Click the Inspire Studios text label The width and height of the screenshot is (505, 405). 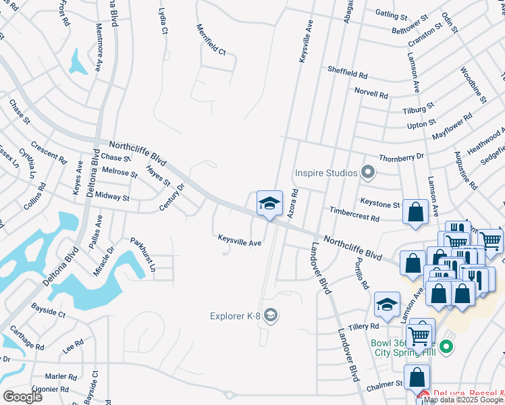pyautogui.click(x=326, y=173)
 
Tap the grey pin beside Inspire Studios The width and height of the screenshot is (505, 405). pyautogui.click(x=368, y=173)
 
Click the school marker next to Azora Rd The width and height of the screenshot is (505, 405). pyautogui.click(x=269, y=204)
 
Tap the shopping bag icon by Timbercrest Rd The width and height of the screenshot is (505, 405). pyautogui.click(x=415, y=211)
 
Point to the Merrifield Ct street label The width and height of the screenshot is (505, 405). pyautogui.click(x=211, y=41)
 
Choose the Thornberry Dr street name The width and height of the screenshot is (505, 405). pyautogui.click(x=401, y=156)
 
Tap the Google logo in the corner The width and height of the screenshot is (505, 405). pyautogui.click(x=22, y=396)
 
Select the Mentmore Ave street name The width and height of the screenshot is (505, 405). pyautogui.click(x=99, y=49)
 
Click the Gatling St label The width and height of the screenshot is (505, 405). pyautogui.click(x=393, y=14)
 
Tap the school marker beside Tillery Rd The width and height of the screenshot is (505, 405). pyautogui.click(x=387, y=305)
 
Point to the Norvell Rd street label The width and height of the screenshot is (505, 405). pyautogui.click(x=371, y=93)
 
